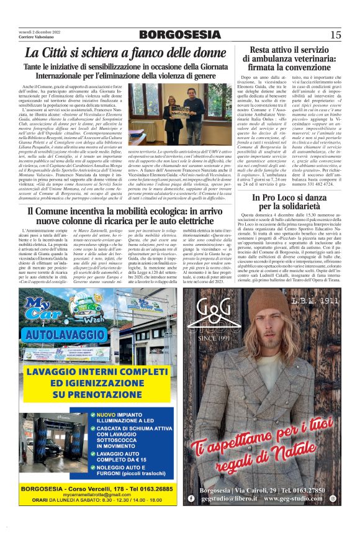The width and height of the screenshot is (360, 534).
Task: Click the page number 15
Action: (x=335, y=35)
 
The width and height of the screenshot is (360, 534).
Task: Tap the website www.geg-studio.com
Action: (x=300, y=499)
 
